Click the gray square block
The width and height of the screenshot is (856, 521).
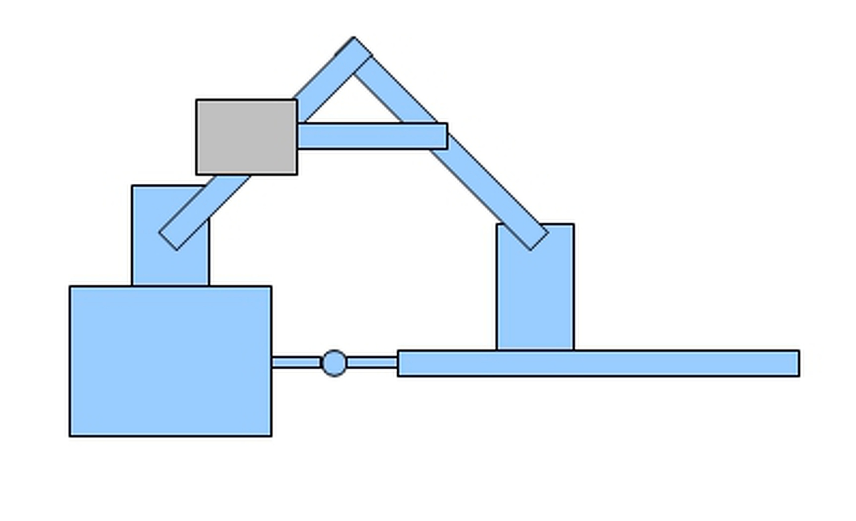(x=247, y=137)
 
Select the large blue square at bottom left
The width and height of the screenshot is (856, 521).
(x=171, y=361)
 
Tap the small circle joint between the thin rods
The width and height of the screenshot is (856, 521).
(x=334, y=363)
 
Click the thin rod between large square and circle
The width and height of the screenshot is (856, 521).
(x=296, y=362)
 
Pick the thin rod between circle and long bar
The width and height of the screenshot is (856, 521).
(x=372, y=362)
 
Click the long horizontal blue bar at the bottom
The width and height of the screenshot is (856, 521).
(x=599, y=363)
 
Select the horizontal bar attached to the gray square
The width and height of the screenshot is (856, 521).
(x=372, y=136)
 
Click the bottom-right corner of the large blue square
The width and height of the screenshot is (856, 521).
(x=271, y=435)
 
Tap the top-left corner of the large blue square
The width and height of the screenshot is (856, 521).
(x=70, y=287)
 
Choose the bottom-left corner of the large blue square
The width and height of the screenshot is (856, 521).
(x=70, y=435)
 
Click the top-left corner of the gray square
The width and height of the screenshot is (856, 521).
(x=197, y=101)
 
